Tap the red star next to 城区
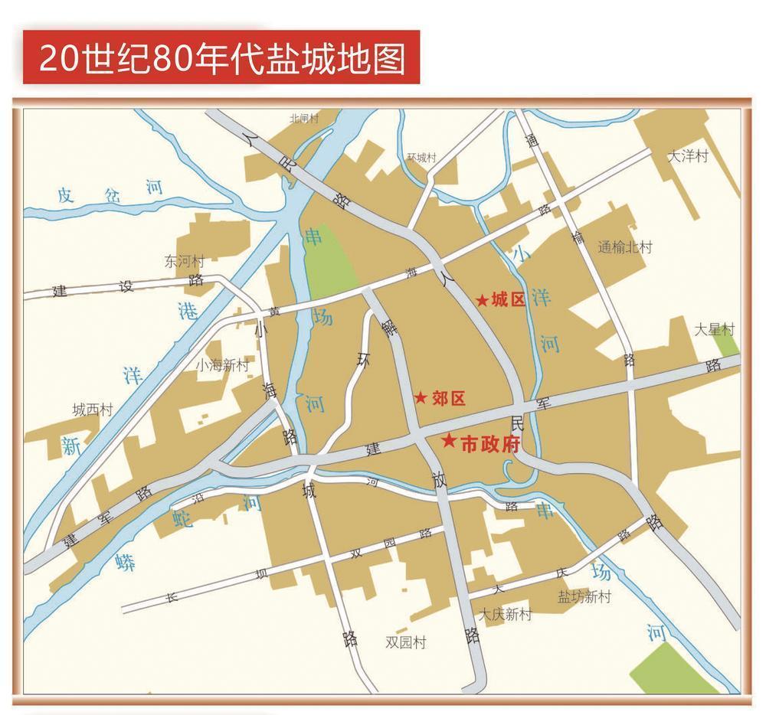tap(482, 300)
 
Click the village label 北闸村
tap(303, 119)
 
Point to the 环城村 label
tap(421, 158)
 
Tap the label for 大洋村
tap(688, 156)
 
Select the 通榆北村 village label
tap(625, 247)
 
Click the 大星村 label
tap(714, 330)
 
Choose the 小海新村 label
tap(222, 365)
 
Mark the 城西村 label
tap(93, 410)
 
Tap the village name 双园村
tap(405, 642)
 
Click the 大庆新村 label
tap(505, 614)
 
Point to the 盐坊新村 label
tap(584, 597)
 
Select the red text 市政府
tap(490, 445)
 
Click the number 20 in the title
tap(60, 58)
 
